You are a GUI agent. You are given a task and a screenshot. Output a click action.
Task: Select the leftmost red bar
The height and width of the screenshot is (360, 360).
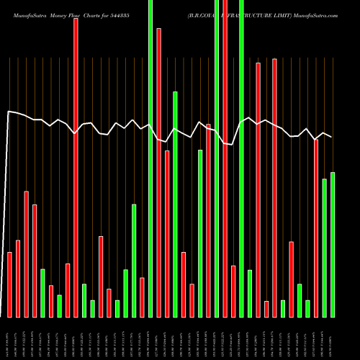[x=9, y=284]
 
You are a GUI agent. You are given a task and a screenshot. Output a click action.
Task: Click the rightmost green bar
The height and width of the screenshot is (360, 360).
[x=333, y=245]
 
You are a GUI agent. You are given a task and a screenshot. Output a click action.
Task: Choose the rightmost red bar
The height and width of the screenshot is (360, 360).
[x=316, y=228]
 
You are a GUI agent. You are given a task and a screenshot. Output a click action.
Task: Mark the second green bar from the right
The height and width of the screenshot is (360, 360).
[x=325, y=248]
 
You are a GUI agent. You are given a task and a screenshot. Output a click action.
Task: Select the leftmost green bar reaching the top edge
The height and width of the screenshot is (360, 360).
[x=150, y=158]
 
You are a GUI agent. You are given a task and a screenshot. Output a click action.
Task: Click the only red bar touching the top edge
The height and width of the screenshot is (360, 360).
[x=225, y=158]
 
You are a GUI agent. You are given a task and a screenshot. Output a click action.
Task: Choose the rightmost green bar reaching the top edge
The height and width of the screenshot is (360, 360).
[x=242, y=158]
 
